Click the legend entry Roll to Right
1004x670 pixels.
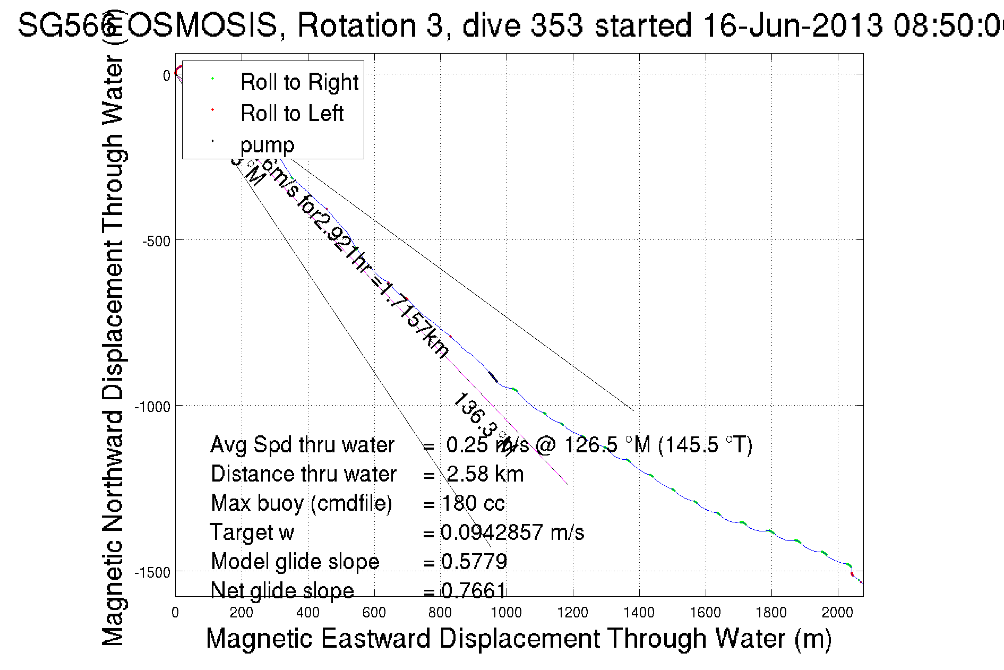point(299,82)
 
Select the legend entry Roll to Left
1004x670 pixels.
point(291,114)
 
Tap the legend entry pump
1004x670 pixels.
point(267,145)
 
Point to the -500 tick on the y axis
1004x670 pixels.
point(156,241)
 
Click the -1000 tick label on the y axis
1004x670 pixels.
point(152,407)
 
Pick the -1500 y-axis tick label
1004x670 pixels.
point(152,572)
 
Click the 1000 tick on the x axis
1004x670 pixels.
point(506,613)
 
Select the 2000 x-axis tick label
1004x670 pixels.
point(837,613)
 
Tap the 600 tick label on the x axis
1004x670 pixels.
point(374,613)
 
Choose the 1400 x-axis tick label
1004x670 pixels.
point(639,613)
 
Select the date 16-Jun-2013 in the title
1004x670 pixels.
point(792,25)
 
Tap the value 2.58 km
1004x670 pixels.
point(485,474)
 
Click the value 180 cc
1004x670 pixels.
point(473,503)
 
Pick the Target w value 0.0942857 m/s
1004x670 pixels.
point(512,532)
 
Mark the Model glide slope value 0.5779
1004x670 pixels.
point(474,562)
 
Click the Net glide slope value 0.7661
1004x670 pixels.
point(474,590)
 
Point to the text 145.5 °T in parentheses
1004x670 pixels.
point(705,445)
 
